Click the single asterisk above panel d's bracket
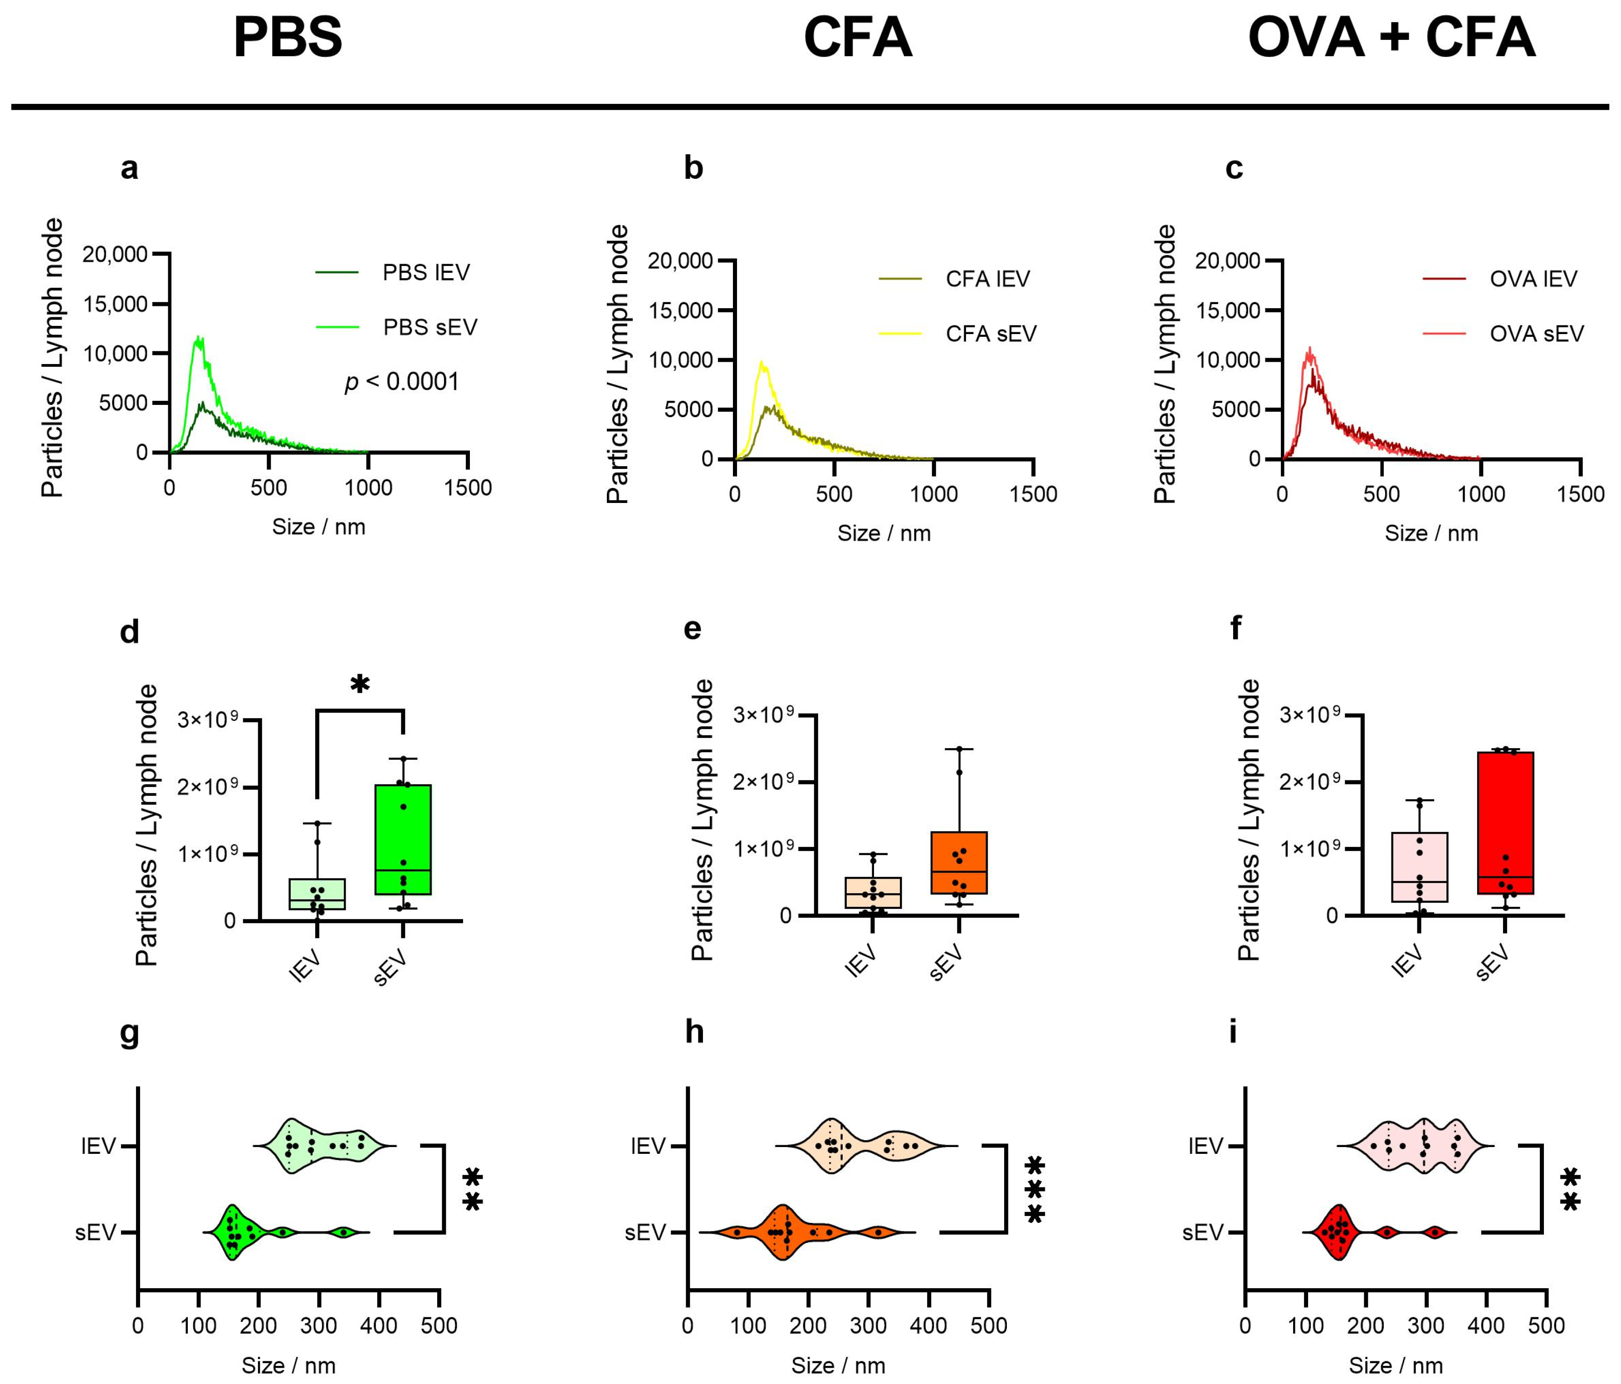pos(359,684)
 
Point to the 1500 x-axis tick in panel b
pos(1034,494)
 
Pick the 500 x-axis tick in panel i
pos(1546,1326)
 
